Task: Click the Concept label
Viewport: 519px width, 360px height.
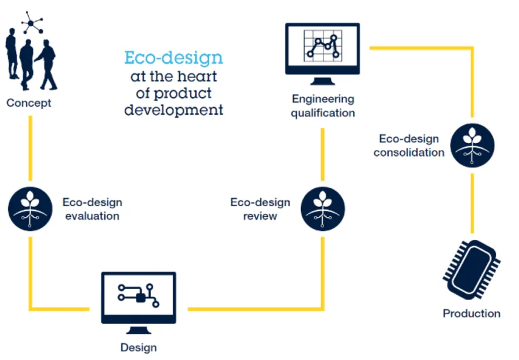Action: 29,103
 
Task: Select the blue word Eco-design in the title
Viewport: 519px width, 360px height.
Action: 173,58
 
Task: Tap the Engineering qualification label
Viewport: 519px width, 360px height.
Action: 323,106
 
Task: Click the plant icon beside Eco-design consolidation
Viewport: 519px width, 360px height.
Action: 472,145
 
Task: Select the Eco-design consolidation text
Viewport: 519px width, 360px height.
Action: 409,145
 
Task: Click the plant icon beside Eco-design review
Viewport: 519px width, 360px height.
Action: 323,209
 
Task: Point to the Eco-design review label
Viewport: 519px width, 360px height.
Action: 260,209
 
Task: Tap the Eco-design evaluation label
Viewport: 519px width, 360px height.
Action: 93,209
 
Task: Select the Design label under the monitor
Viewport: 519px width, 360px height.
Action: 139,347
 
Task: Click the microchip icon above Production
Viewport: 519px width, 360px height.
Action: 472,270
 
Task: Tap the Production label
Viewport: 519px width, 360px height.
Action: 472,313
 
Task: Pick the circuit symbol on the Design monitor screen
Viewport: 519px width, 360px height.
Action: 138,293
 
